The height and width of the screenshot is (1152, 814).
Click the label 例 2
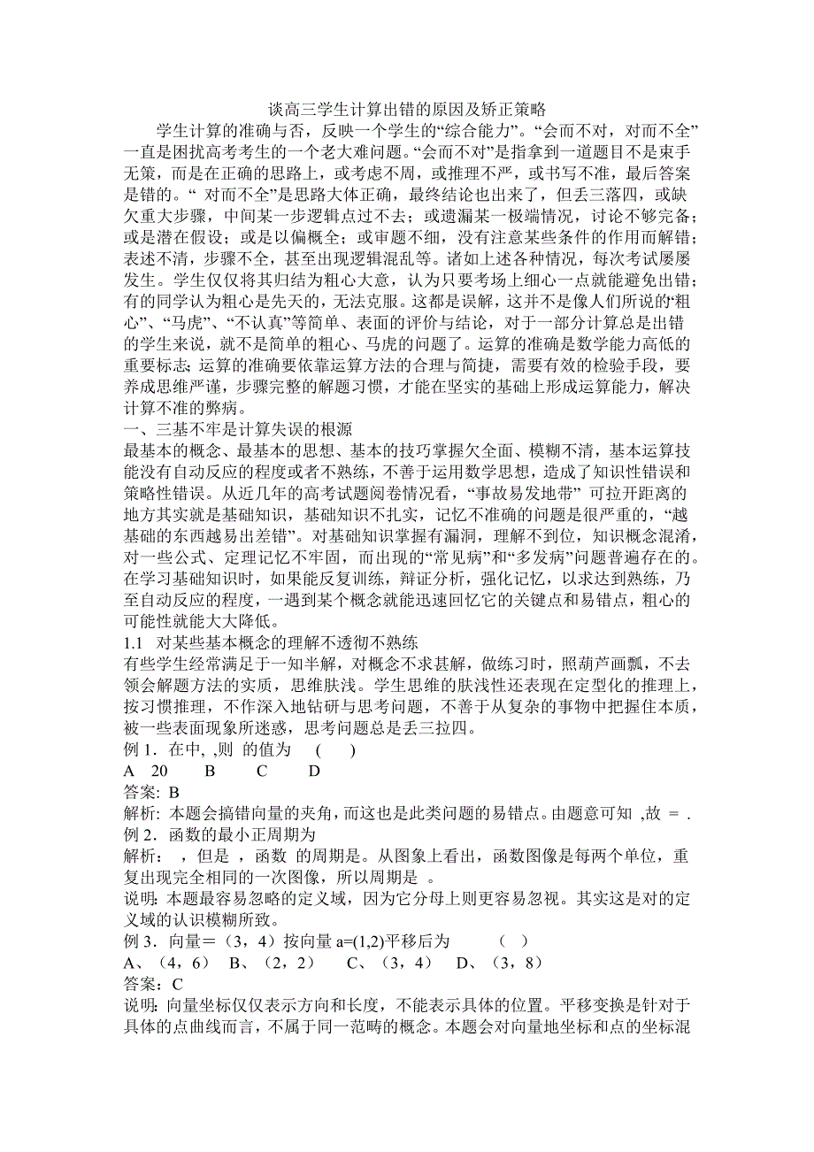pos(139,834)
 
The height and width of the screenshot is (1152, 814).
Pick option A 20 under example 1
pos(146,771)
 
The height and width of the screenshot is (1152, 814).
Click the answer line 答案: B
pos(150,792)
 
